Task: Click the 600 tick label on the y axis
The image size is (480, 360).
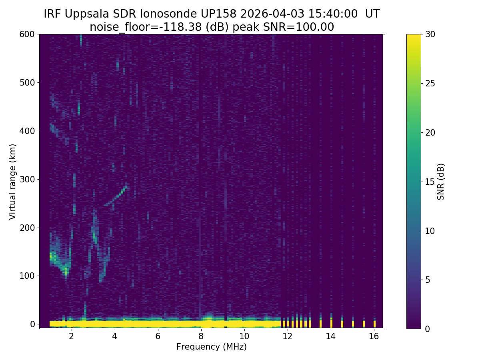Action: click(27, 34)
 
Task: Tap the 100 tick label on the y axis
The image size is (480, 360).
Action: click(27, 276)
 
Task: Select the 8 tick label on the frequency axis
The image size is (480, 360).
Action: click(201, 336)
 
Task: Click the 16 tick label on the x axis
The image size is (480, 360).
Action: click(374, 336)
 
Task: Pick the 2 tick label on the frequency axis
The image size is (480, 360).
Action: click(71, 336)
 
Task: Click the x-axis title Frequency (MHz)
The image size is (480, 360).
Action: click(212, 347)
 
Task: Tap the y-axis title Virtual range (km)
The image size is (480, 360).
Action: click(13, 182)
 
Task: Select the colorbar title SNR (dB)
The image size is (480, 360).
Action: click(441, 182)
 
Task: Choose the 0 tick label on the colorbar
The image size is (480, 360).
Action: click(427, 329)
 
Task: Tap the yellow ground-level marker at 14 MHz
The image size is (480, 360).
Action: click(331, 322)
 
